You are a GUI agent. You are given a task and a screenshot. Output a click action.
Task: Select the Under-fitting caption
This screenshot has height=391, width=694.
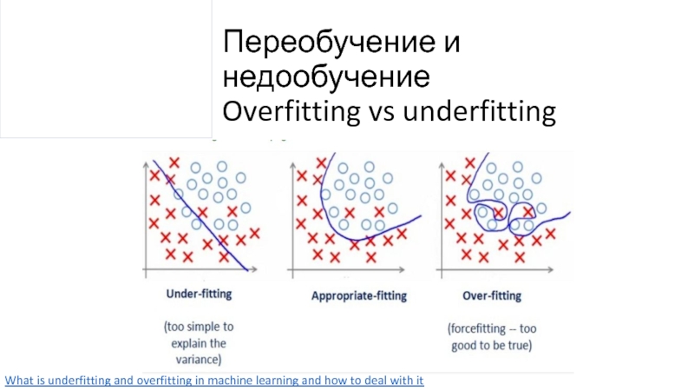click(199, 295)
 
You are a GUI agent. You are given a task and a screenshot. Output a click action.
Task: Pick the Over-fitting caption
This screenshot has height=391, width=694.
click(492, 295)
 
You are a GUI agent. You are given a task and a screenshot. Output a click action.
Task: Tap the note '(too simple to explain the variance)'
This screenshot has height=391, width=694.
click(199, 343)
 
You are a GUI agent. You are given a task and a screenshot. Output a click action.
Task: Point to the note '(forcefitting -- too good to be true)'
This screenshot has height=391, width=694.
click(491, 337)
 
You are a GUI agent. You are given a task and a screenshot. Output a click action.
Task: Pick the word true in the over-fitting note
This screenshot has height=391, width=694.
click(519, 346)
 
